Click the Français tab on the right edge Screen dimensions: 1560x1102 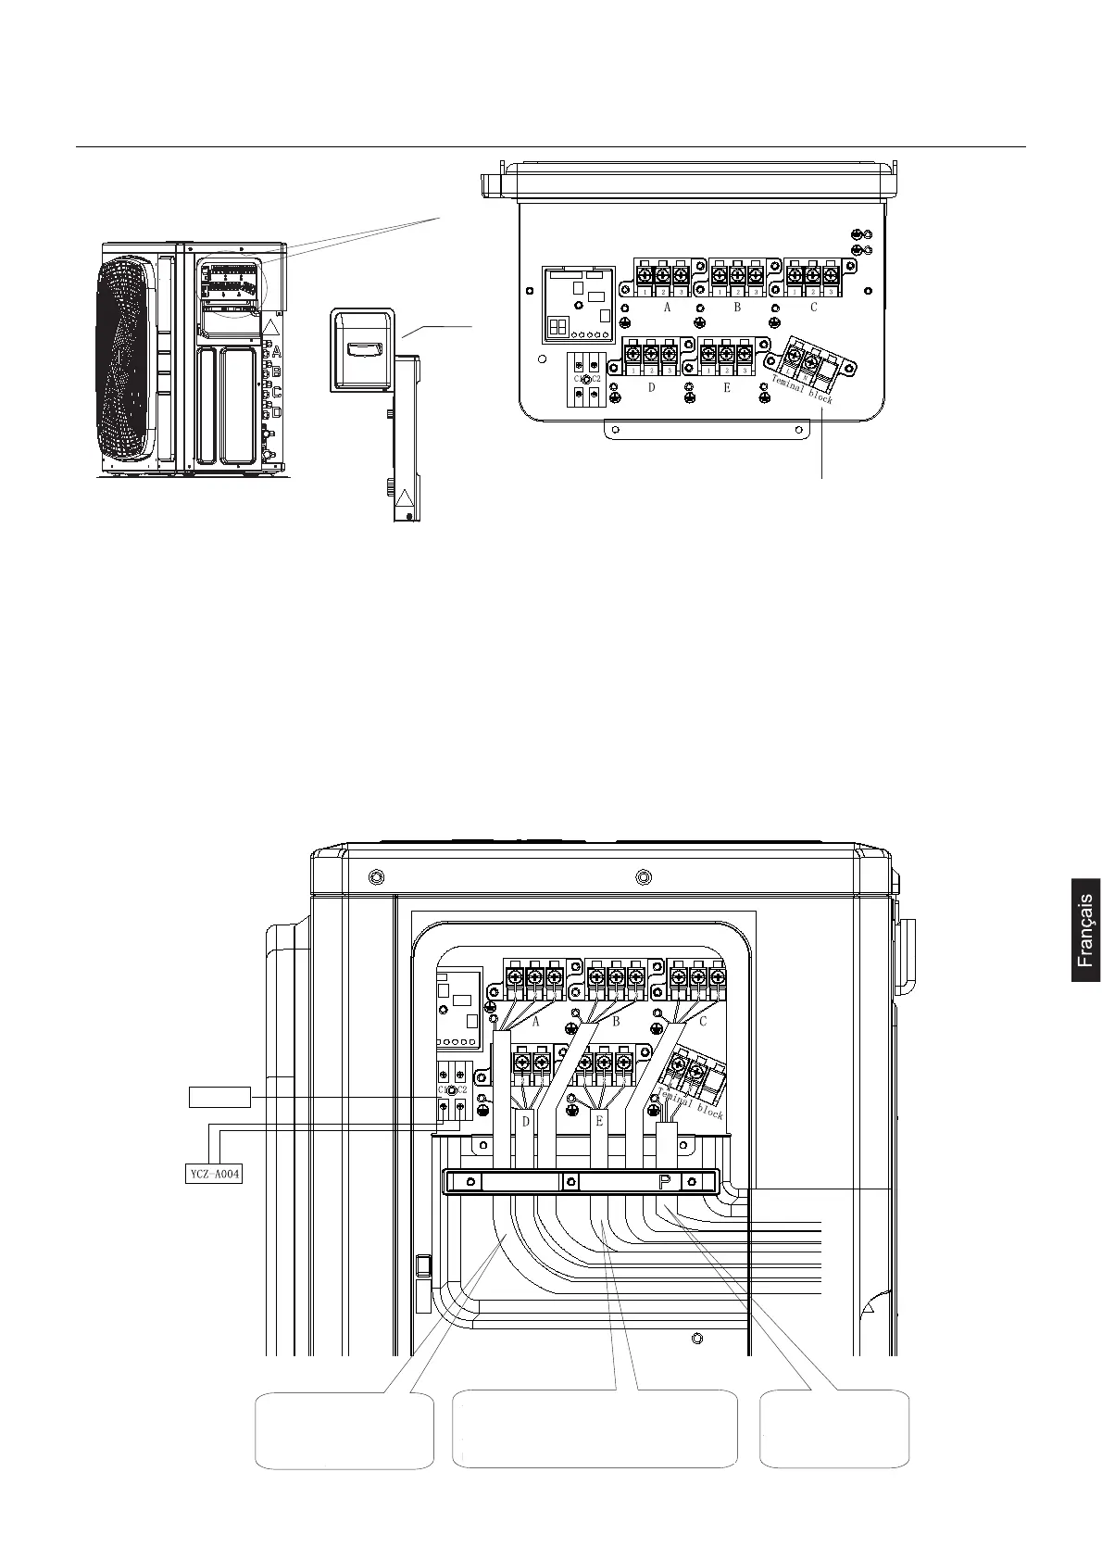point(1085,929)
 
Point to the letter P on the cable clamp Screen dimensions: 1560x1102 point(665,1182)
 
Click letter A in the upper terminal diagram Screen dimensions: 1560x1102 point(667,308)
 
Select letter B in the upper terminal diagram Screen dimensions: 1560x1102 point(737,308)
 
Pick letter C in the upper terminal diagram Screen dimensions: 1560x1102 point(813,308)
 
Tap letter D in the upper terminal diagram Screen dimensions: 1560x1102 point(651,387)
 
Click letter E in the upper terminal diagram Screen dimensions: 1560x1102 point(727,387)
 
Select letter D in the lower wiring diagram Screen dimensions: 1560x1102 point(526,1122)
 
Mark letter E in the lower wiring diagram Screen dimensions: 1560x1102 point(600,1122)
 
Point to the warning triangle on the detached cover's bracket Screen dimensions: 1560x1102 point(405,503)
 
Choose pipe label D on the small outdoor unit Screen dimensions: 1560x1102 point(276,412)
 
